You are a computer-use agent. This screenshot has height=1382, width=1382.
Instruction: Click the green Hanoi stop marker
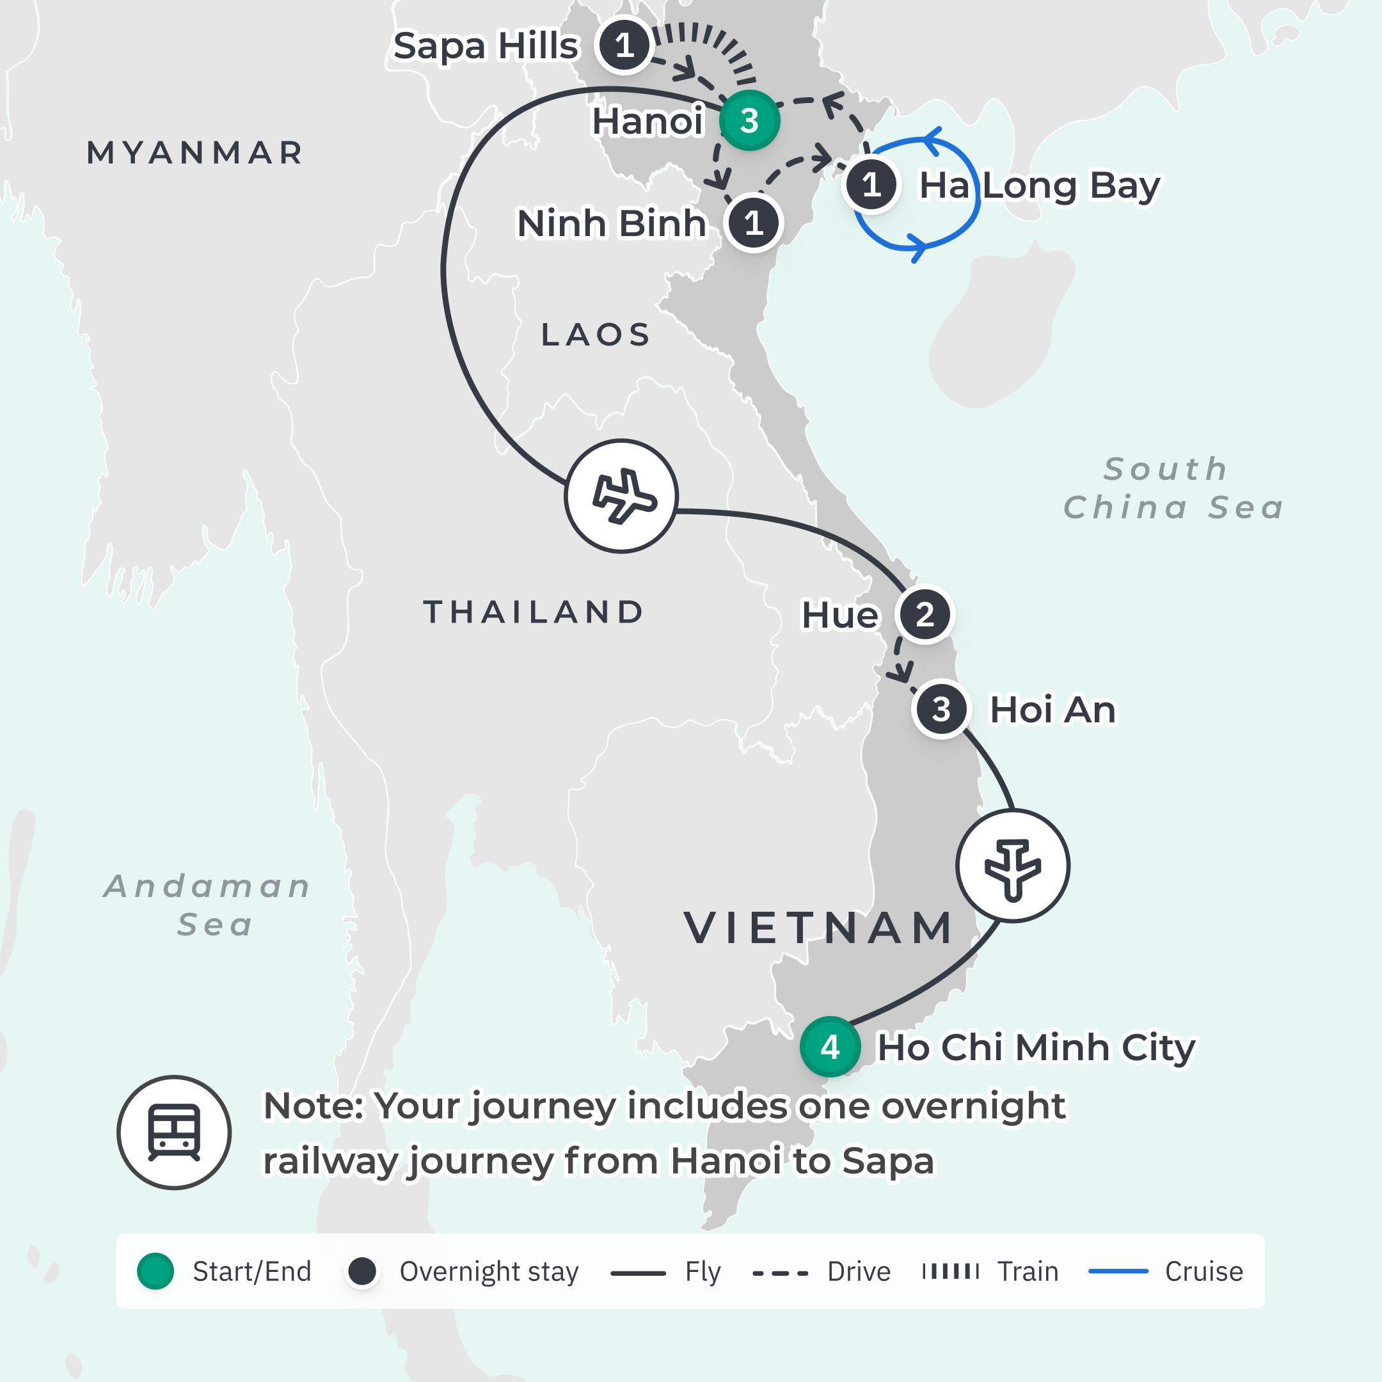(x=749, y=120)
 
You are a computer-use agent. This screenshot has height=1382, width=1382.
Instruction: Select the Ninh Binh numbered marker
(x=753, y=223)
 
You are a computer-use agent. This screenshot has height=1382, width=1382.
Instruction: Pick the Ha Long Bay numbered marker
(x=871, y=186)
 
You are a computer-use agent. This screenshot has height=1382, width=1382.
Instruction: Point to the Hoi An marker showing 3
(x=941, y=710)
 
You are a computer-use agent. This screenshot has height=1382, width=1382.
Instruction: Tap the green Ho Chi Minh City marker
(x=830, y=1047)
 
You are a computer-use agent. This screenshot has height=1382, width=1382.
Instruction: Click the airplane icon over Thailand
(x=621, y=496)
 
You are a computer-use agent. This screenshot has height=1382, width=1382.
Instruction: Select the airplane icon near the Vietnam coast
(x=1012, y=866)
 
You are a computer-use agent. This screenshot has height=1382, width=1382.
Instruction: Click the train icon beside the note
(x=174, y=1132)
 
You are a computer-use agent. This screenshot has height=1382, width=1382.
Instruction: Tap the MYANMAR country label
(x=195, y=153)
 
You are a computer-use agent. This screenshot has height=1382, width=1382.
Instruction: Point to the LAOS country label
(x=595, y=335)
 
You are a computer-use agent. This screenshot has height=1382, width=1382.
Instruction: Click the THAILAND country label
(x=534, y=612)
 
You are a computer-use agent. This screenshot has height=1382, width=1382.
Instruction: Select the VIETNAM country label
(x=818, y=928)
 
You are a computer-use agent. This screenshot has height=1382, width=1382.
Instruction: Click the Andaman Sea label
(x=208, y=905)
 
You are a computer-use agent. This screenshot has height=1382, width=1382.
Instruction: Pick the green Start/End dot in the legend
(x=155, y=1271)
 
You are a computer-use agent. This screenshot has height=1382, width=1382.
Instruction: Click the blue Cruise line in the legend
(x=1118, y=1271)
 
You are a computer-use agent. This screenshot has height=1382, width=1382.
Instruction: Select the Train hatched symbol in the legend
(x=951, y=1271)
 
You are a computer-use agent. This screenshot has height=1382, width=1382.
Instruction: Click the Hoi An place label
(x=1052, y=710)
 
